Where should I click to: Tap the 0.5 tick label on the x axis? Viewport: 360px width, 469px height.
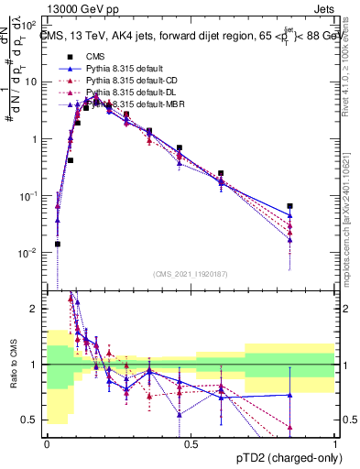pos(191,443)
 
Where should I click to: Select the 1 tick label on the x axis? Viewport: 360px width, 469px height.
pos(335,443)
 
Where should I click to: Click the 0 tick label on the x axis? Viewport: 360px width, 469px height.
pos(47,443)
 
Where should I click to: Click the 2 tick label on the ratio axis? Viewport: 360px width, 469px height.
pos(37,309)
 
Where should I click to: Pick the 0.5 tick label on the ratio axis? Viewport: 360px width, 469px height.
pos(33,420)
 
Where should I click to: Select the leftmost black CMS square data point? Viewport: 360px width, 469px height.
pos(57,244)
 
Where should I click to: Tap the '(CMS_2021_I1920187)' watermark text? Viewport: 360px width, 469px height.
pos(191,274)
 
